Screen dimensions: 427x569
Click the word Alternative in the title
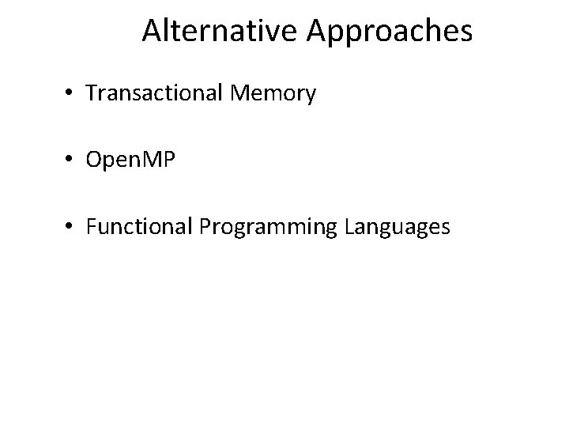pos(219,32)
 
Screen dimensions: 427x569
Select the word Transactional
pos(156,93)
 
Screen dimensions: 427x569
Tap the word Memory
pos(274,94)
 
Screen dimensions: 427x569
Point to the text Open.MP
pos(130,161)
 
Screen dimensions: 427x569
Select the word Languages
pos(398,228)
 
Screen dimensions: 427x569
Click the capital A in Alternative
pos(152,32)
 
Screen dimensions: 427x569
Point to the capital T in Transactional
pos(91,93)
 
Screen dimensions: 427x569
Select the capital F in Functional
pos(91,227)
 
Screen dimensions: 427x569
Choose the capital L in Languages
pos(349,227)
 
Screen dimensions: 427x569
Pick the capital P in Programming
pos(205,227)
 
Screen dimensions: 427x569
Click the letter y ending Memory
pos(311,96)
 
